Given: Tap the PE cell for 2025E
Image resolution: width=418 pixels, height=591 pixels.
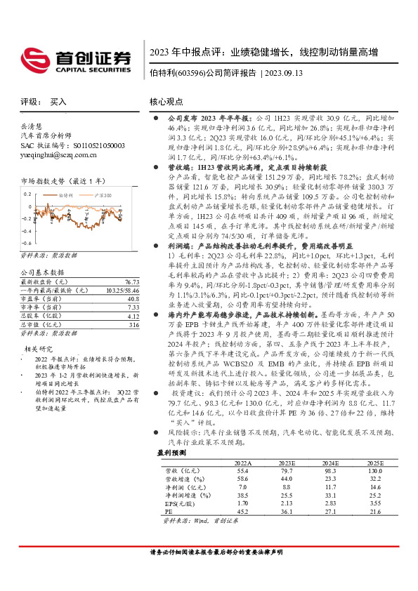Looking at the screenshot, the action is point(374,513).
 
